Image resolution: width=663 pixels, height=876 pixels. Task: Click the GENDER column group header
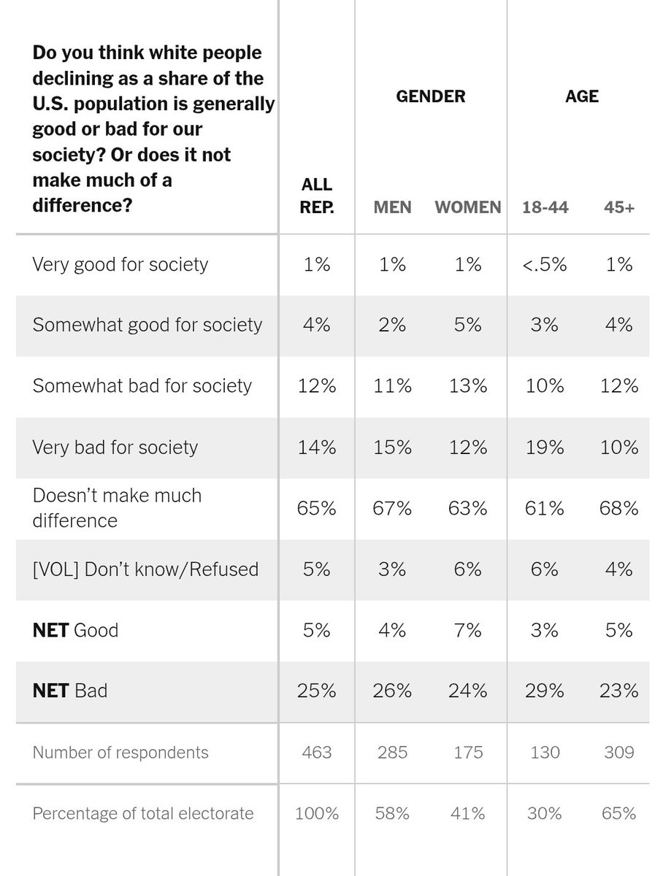[430, 96]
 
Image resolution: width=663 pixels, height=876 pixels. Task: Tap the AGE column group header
[581, 96]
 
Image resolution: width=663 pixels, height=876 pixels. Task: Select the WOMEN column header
[468, 207]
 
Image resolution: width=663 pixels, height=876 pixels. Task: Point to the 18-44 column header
[545, 207]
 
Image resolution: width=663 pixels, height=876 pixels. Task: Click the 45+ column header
[618, 207]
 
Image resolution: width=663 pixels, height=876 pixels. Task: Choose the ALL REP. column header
[317, 196]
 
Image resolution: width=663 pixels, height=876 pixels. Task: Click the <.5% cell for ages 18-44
[545, 264]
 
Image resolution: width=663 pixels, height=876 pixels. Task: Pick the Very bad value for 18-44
[545, 447]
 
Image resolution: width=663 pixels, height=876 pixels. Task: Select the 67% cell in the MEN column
[392, 508]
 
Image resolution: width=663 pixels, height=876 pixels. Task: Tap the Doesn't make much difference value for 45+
[618, 508]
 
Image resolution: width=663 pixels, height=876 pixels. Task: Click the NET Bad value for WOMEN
[467, 691]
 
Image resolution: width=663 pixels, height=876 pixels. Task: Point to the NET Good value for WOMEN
[467, 630]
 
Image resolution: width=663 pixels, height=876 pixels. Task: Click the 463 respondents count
[317, 753]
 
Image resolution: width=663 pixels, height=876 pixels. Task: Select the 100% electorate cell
[317, 813]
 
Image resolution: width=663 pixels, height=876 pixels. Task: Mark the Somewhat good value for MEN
[392, 325]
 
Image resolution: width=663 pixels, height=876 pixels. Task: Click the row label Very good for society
[120, 265]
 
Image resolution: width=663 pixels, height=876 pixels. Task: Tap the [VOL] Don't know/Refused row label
[145, 569]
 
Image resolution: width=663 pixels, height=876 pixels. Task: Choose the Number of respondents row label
[120, 753]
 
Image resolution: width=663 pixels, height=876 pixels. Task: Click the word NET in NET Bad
[50, 691]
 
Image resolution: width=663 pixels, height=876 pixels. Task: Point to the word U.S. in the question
[50, 104]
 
